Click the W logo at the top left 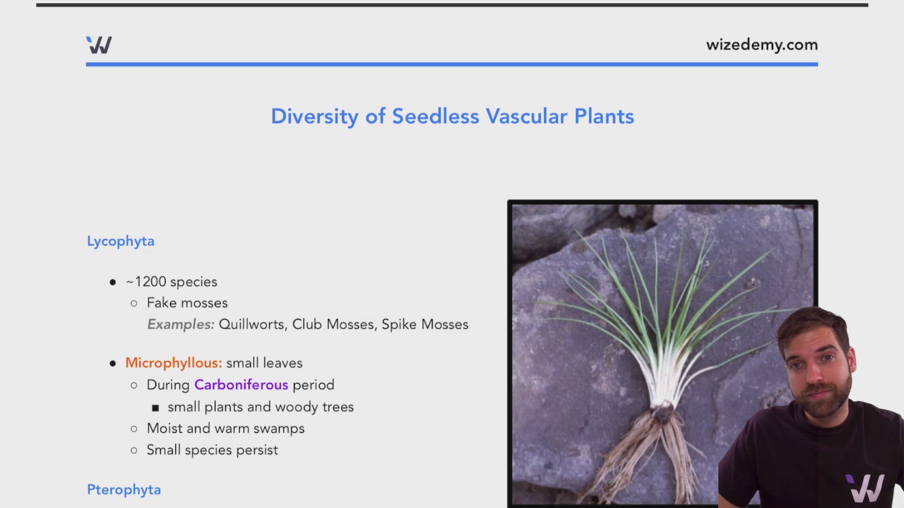point(99,45)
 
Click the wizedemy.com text point(762,45)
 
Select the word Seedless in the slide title point(436,116)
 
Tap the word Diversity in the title point(315,117)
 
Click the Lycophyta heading point(121,241)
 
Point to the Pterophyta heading point(124,490)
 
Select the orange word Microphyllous point(173,363)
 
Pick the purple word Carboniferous point(241,385)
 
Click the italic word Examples point(181,325)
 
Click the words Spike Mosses point(425,325)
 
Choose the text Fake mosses point(187,303)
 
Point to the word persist point(257,450)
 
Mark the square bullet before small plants point(155,408)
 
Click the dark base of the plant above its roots point(662,413)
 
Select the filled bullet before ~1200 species point(113,282)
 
